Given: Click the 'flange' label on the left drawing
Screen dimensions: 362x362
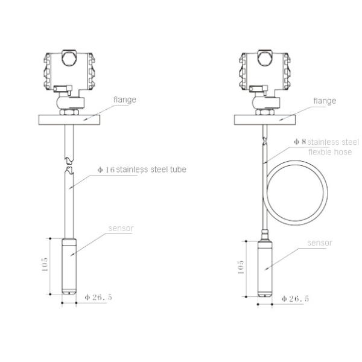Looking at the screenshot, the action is (x=125, y=100).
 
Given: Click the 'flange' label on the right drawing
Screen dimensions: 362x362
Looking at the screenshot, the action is (x=325, y=101).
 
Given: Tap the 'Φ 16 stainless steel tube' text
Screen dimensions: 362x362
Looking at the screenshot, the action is (x=142, y=170).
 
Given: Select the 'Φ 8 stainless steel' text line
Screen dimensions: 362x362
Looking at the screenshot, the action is (x=326, y=142).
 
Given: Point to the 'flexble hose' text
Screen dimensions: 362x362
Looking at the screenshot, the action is (x=330, y=152).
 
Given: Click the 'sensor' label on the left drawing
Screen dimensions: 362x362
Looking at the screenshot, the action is (x=121, y=228).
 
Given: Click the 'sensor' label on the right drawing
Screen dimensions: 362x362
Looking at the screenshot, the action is (x=320, y=243).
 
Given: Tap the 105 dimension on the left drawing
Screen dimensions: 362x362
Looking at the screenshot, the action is (x=45, y=264).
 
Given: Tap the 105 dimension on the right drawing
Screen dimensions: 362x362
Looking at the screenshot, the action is (x=240, y=267).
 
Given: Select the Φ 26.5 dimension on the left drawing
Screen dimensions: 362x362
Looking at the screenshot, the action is (x=98, y=297).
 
